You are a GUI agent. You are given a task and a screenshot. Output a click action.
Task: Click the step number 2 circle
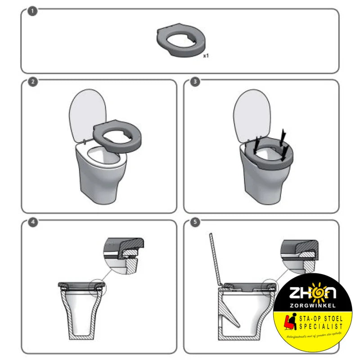tap(32, 82)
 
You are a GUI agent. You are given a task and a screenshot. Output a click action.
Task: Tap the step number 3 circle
tap(194, 82)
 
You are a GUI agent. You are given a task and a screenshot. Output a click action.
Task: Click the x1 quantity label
tap(206, 56)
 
